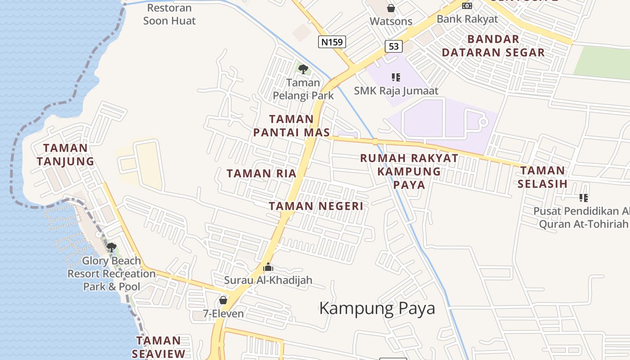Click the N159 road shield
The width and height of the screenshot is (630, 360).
pos(333,42)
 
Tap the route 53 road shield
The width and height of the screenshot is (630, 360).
pos(393,46)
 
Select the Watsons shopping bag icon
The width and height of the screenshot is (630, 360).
pos(391,8)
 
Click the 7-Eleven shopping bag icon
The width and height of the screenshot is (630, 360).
pos(223,300)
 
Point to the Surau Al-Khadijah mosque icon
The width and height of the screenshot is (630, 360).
pos(268,267)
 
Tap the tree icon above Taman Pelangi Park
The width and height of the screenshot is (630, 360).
pos(303,69)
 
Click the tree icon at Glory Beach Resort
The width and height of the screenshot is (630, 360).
pos(111,247)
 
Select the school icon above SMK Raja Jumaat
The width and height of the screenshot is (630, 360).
pos(396,77)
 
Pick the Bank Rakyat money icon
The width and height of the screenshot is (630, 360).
pos(467,6)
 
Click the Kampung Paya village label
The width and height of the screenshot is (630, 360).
pos(377,308)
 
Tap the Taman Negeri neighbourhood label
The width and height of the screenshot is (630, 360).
pos(316,206)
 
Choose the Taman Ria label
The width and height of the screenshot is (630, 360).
pos(261,173)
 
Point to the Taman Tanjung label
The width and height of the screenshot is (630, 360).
pos(65,154)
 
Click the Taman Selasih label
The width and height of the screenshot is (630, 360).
pos(542,177)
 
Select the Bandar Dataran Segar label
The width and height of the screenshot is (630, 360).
pos(493,45)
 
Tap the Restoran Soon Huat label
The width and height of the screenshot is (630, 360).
pos(169,14)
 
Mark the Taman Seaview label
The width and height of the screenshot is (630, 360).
pos(158,347)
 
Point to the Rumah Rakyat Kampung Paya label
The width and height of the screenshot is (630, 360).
pos(409,171)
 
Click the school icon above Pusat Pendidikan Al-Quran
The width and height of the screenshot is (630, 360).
pos(584,198)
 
